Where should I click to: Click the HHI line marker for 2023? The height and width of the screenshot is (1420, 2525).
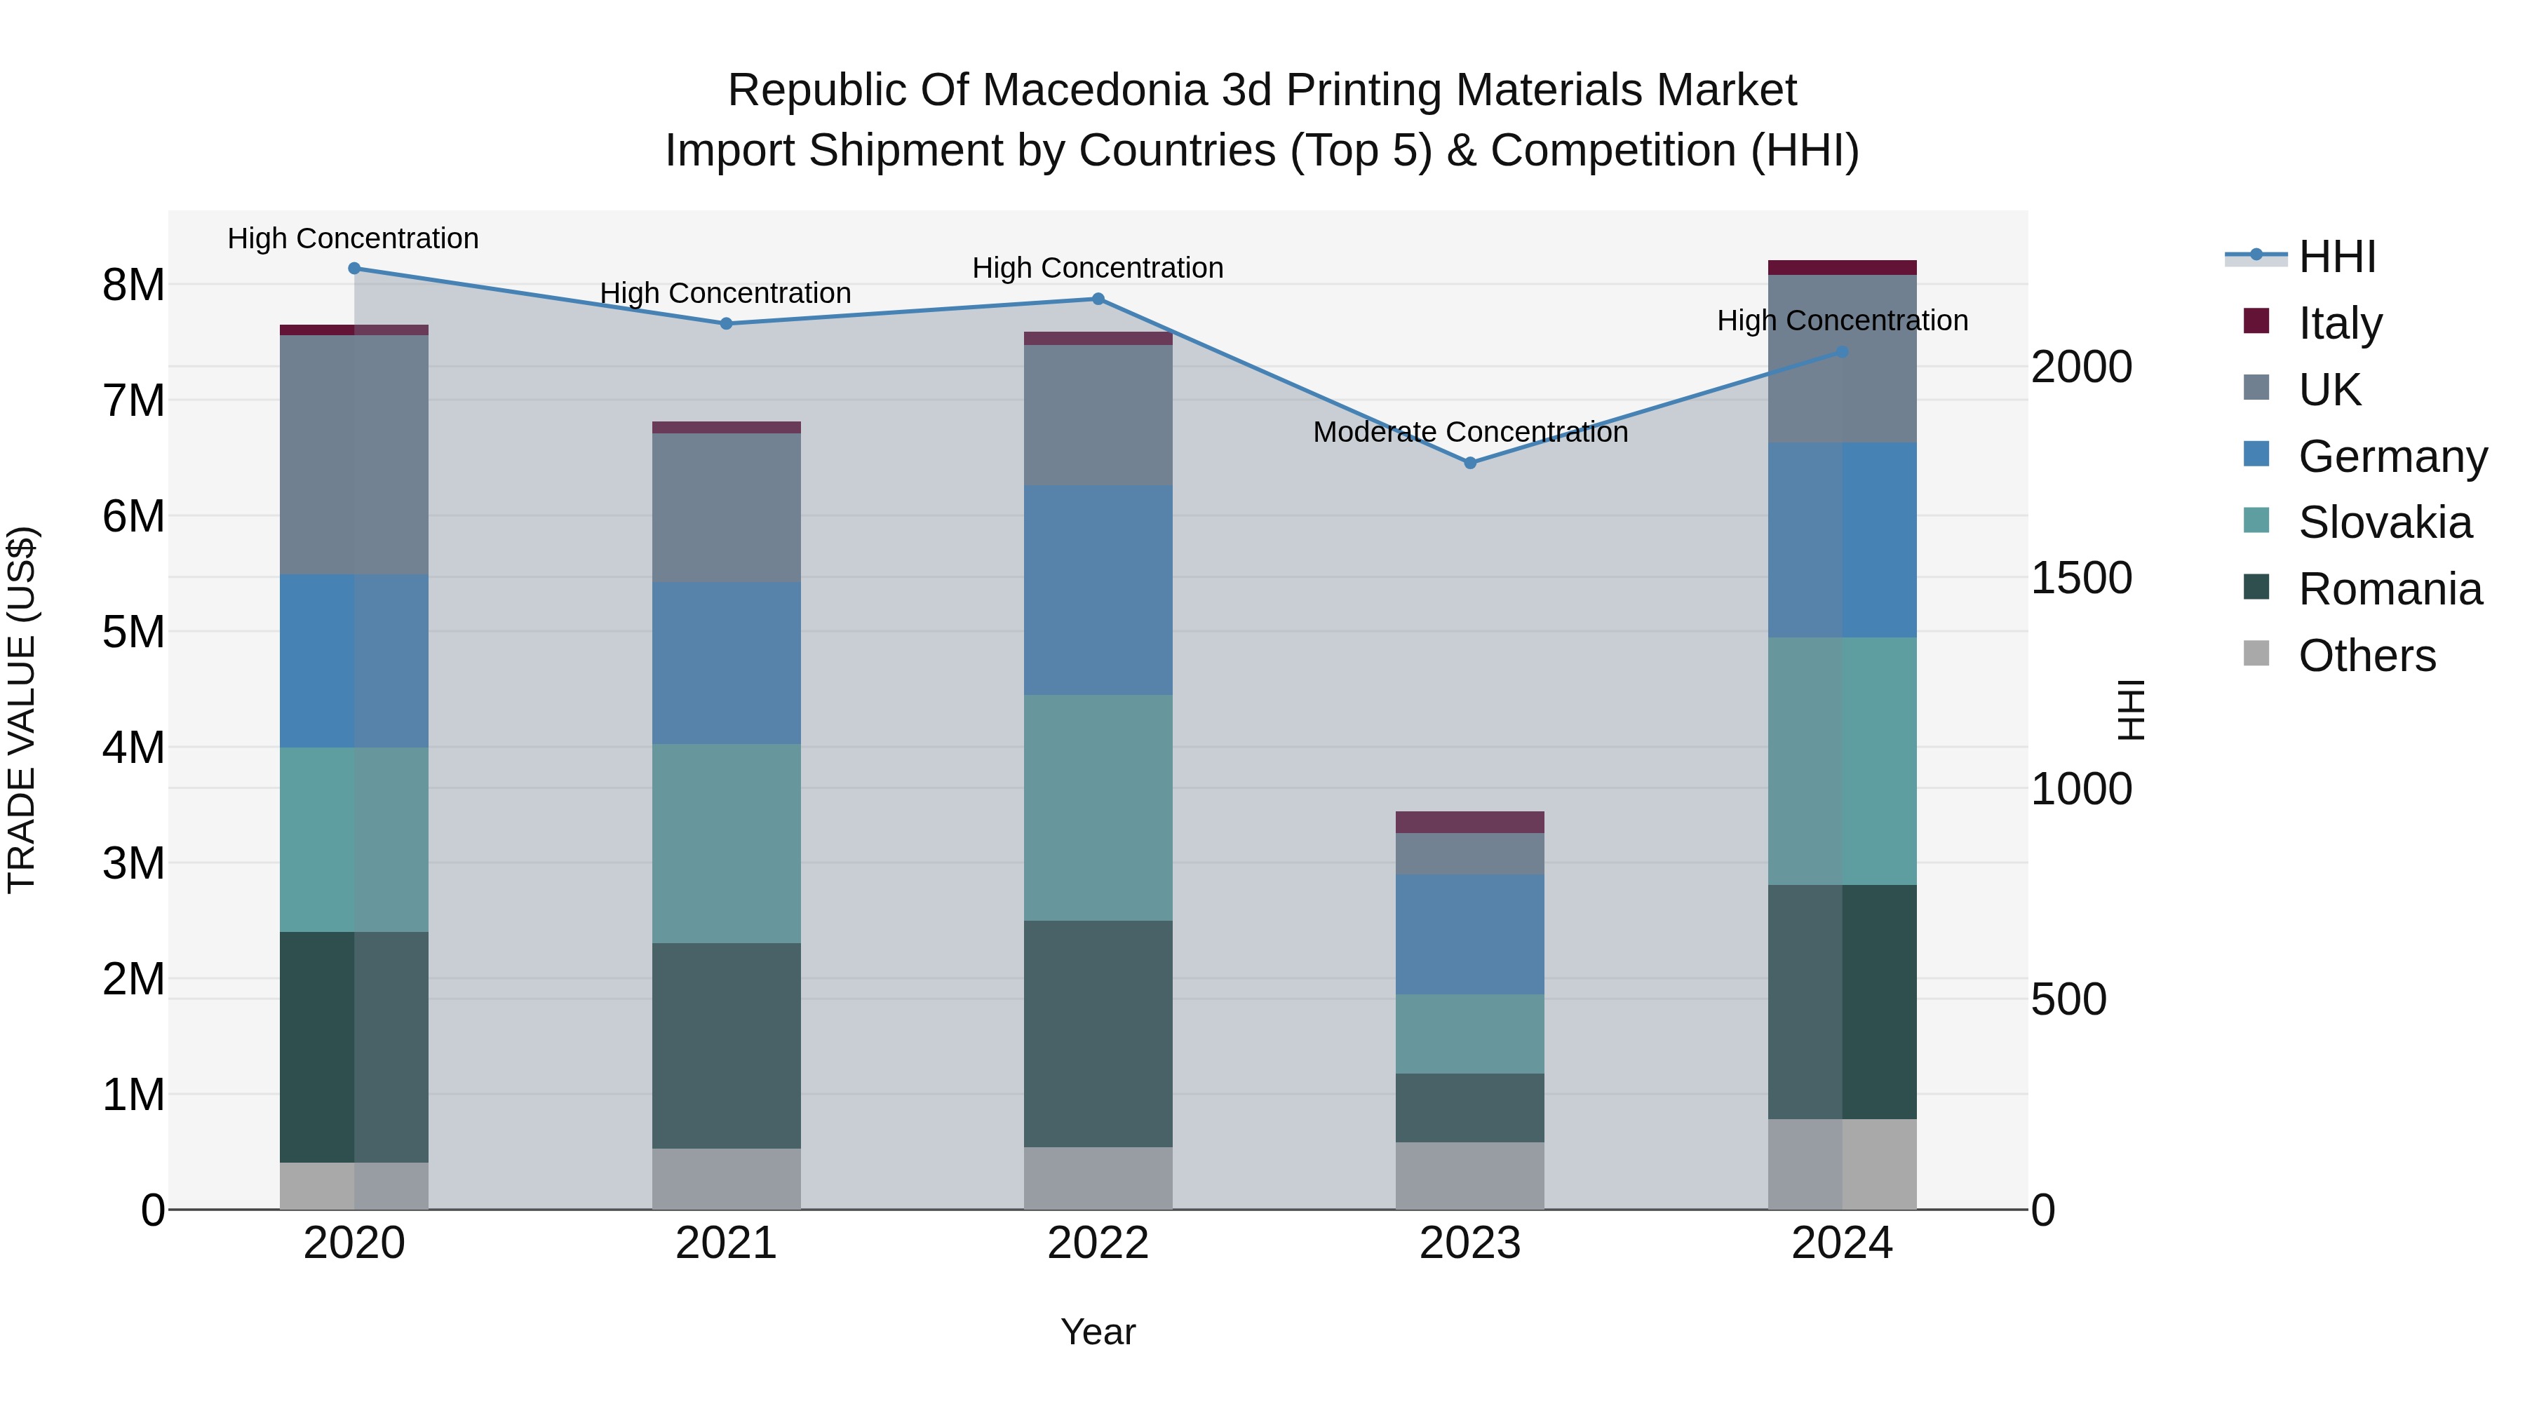pos(1469,463)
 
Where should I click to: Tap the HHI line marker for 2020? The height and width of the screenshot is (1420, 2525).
pos(355,269)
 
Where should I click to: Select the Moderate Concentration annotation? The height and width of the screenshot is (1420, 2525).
pos(1469,432)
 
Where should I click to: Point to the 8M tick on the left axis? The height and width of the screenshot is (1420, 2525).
pos(133,285)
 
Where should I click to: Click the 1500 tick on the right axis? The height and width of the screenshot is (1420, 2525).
pos(2080,579)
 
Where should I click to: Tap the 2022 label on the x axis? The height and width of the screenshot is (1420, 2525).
pos(1098,1243)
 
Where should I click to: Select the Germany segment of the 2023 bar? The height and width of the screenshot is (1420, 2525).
pos(1469,934)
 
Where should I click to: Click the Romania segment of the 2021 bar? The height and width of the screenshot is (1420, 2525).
pos(727,1045)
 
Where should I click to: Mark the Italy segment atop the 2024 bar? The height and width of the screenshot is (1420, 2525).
pos(1842,268)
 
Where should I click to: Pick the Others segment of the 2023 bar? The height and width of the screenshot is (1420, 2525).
pos(1469,1175)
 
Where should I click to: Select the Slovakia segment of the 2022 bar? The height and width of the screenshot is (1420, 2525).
pos(1098,808)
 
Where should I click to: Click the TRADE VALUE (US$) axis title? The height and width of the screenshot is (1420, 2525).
pos(22,710)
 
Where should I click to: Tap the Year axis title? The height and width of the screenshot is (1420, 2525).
pos(1098,1332)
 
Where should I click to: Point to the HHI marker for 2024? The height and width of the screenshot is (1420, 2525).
pos(1842,352)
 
